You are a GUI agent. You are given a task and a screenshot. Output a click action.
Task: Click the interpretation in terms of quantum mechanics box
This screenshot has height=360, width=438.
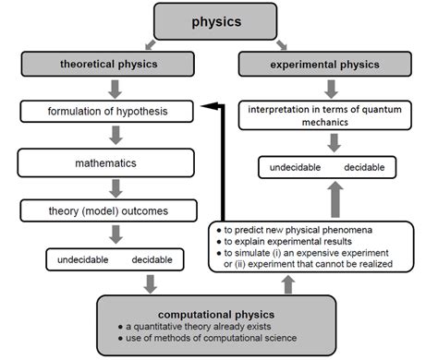329,116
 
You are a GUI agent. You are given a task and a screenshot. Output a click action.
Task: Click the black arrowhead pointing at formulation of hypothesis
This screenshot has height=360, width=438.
212,108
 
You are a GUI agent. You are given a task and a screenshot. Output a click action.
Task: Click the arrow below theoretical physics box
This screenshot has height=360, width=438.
116,89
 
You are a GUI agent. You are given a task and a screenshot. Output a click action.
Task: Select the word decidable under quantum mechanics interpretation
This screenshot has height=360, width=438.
364,168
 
